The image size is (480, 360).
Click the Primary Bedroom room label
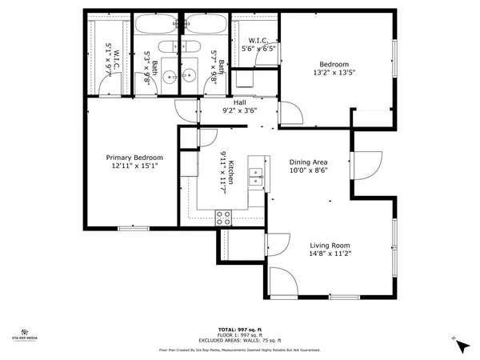pyautogui.click(x=134, y=158)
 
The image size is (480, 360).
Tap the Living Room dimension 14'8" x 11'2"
pyautogui.click(x=330, y=254)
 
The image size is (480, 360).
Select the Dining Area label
pyautogui.click(x=309, y=161)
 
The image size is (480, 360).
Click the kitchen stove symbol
pyautogui.click(x=223, y=215)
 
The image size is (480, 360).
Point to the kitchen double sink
pyautogui.click(x=256, y=176)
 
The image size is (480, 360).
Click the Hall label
pyautogui.click(x=239, y=102)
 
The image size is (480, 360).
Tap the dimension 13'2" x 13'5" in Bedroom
pyautogui.click(x=334, y=74)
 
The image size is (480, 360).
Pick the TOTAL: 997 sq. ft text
pyautogui.click(x=240, y=330)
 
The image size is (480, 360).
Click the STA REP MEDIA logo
pyautogui.click(x=26, y=334)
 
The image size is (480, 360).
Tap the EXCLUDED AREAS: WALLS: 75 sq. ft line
pyautogui.click(x=240, y=341)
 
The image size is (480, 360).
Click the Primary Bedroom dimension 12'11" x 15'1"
pyautogui.click(x=134, y=166)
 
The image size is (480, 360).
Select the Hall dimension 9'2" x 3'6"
pyautogui.click(x=239, y=111)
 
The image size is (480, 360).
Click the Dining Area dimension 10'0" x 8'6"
pyautogui.click(x=309, y=170)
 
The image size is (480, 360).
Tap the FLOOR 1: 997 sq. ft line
pyautogui.click(x=240, y=335)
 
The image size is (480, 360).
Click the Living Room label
pyautogui.click(x=330, y=245)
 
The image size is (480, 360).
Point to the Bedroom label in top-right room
pyautogui.click(x=334, y=65)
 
